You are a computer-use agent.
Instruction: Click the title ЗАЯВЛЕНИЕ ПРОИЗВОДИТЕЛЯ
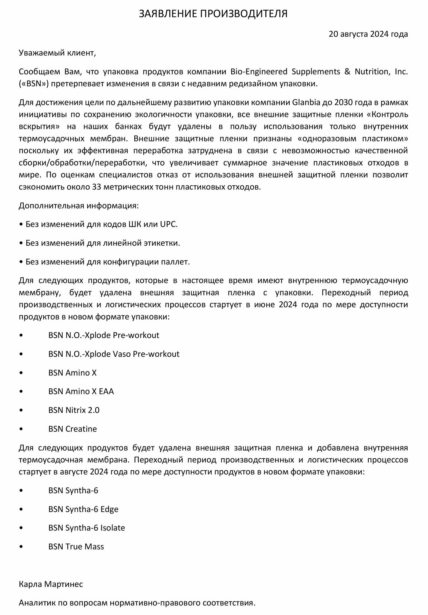coord(213,14)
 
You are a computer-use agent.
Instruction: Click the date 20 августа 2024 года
coord(368,34)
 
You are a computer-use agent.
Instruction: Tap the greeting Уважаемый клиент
coord(57,53)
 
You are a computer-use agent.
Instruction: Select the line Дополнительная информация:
coord(79,206)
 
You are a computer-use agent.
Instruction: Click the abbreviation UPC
coord(168,224)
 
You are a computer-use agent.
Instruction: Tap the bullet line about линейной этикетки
coord(99,243)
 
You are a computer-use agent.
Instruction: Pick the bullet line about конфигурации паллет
coord(104,262)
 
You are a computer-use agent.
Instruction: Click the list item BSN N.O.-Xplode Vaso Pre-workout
coord(114,354)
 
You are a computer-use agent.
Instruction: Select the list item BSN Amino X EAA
coord(81,392)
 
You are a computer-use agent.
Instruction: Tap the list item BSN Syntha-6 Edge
coord(83,510)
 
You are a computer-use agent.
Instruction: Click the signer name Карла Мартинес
coord(51,584)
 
